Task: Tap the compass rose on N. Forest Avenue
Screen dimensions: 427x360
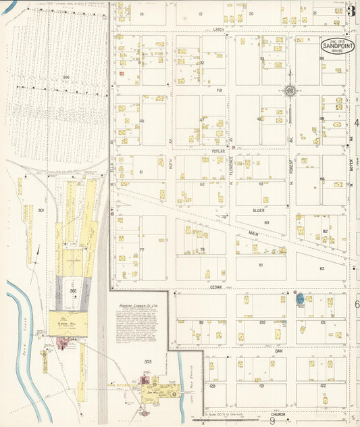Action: (290, 91)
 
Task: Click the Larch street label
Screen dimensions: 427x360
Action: (217, 29)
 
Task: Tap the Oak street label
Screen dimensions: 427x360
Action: (278, 351)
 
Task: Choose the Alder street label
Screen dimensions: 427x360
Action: (257, 211)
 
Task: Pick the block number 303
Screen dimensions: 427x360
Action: (147, 361)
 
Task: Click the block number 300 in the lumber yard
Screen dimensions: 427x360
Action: (66, 78)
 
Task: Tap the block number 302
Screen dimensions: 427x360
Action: (73, 291)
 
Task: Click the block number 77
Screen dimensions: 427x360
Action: (142, 249)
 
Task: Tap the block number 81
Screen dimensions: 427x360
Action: (261, 265)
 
